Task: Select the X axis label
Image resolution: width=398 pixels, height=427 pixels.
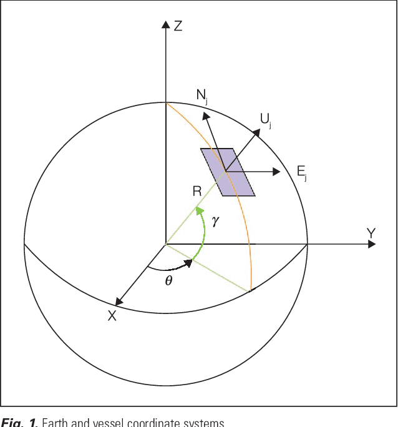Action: coord(112,316)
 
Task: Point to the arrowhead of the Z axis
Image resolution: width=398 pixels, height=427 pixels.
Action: coord(165,25)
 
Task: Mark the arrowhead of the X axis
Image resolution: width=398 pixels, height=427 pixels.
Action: coord(119,302)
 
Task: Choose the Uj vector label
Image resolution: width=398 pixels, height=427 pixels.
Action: coord(265,119)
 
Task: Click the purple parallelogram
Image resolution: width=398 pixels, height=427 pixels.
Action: coord(228,172)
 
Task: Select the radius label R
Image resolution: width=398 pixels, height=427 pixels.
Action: coord(197,191)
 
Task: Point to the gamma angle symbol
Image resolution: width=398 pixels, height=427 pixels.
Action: coord(216,222)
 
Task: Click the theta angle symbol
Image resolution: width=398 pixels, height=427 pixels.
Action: coord(168,280)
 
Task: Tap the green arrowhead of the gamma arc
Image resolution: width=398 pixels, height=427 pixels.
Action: coord(200,212)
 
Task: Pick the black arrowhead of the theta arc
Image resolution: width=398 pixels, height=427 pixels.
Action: coord(187,263)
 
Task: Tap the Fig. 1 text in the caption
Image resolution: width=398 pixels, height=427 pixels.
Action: coord(15,423)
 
